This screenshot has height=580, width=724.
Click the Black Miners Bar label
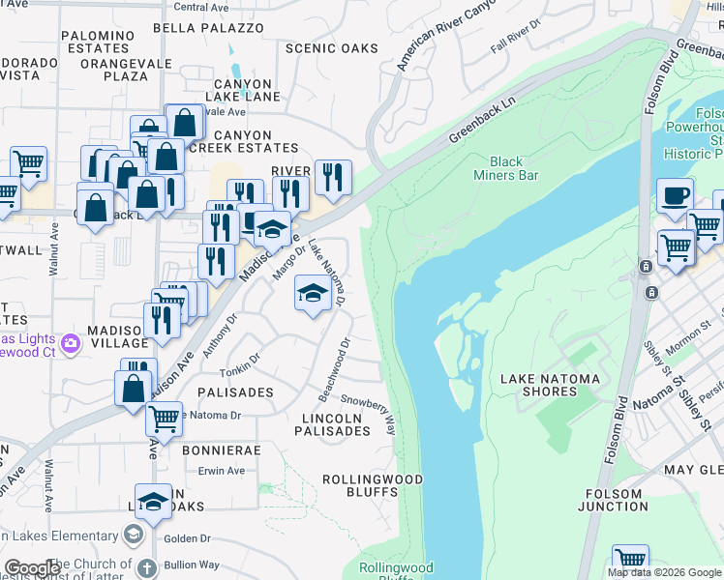[505, 168]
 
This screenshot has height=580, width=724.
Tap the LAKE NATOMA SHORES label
[549, 385]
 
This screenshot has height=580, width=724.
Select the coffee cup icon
[675, 195]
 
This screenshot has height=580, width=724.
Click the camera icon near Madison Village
[70, 343]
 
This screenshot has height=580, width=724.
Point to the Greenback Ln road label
[481, 120]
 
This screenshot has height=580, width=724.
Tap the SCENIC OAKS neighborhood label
[331, 48]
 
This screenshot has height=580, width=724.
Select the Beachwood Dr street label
[334, 370]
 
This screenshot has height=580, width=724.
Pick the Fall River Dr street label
[514, 41]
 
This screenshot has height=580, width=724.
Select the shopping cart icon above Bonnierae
[165, 419]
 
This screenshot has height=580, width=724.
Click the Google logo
[32, 567]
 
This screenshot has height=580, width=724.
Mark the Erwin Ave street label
[222, 471]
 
